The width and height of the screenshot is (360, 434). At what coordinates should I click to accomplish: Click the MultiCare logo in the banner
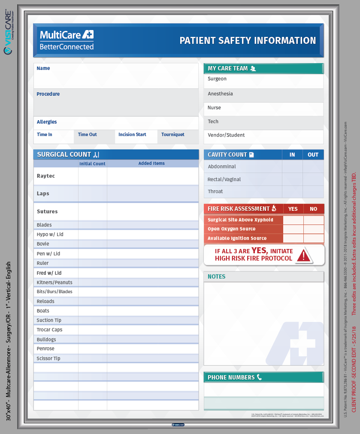(67, 40)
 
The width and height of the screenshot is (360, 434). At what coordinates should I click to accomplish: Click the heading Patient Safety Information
(248, 40)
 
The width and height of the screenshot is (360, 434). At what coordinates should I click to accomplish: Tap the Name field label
(43, 68)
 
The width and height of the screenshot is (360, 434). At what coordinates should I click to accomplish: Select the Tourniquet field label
(173, 134)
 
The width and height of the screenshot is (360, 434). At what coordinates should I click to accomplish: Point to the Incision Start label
(132, 134)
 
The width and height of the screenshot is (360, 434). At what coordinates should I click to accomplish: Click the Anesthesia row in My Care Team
(220, 94)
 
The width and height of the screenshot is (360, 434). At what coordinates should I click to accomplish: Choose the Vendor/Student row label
(226, 135)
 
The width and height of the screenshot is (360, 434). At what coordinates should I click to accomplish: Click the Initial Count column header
(92, 164)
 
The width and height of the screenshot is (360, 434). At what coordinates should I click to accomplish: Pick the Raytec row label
(46, 176)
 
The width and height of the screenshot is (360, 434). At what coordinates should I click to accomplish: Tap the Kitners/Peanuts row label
(54, 282)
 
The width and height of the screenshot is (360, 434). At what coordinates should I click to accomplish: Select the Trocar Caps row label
(49, 330)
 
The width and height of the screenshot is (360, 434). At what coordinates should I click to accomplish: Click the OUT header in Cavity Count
(313, 155)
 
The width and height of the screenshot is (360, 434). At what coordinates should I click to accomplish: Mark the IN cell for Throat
(292, 191)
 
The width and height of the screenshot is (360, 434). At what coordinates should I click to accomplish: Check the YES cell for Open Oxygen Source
(293, 229)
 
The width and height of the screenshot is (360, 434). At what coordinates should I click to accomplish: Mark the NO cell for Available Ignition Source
(314, 238)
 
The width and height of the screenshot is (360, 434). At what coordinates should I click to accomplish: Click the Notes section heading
(216, 276)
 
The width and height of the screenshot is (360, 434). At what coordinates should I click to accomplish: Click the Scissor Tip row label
(48, 358)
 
